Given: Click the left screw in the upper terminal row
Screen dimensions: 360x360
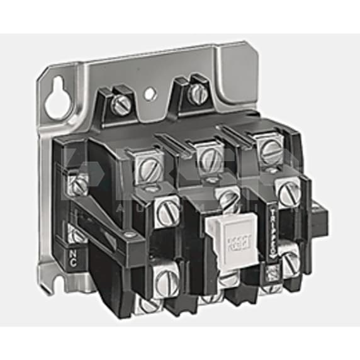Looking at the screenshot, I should coord(145,166).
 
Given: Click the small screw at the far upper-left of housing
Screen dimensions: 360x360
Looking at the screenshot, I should coord(80,183).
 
